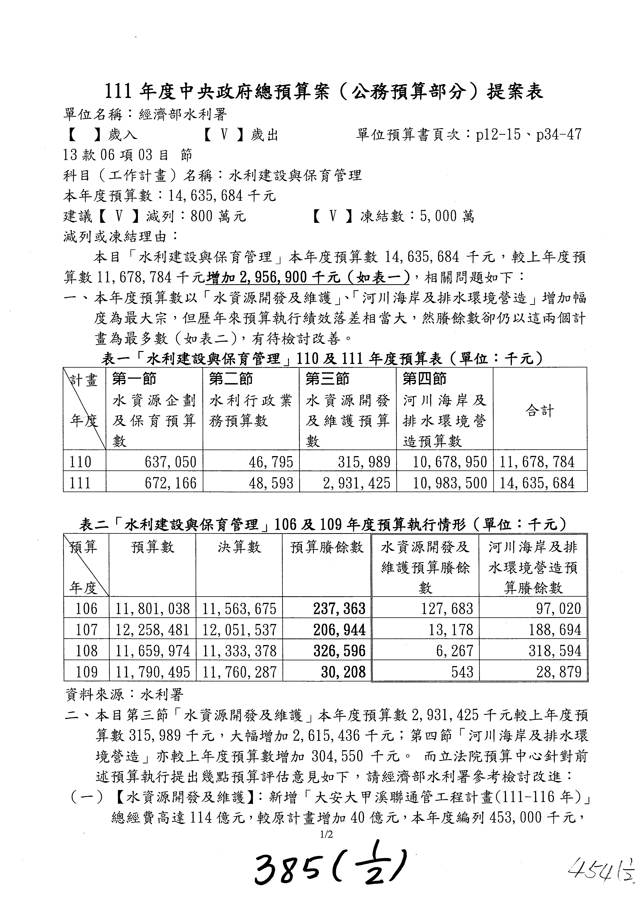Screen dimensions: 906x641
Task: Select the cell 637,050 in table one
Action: (170, 462)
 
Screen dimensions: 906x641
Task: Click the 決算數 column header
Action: (239, 547)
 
